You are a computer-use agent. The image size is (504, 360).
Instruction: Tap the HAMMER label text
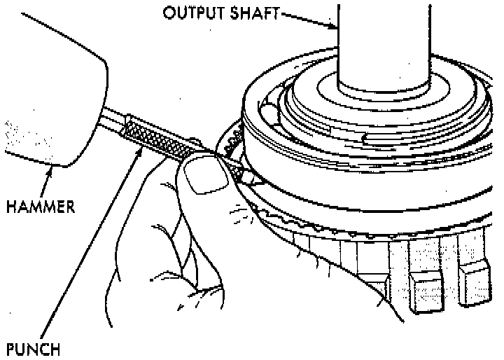(x=41, y=208)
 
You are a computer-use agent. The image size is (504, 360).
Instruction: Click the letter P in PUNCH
(x=10, y=348)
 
